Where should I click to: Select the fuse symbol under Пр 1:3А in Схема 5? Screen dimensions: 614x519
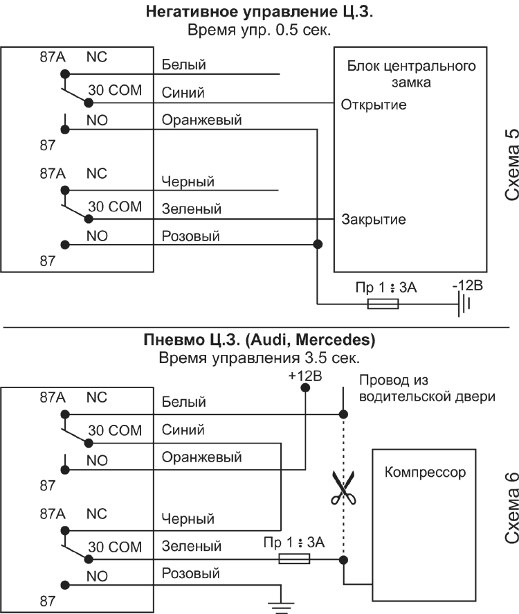[383, 304]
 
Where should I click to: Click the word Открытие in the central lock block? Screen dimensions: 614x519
[373, 105]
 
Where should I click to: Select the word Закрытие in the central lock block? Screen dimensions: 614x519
[374, 220]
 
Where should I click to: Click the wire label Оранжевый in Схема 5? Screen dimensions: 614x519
[201, 120]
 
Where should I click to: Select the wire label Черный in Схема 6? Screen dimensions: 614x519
[188, 518]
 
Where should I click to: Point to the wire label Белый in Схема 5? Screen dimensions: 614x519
[183, 65]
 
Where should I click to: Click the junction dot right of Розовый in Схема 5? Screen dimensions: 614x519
[318, 244]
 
